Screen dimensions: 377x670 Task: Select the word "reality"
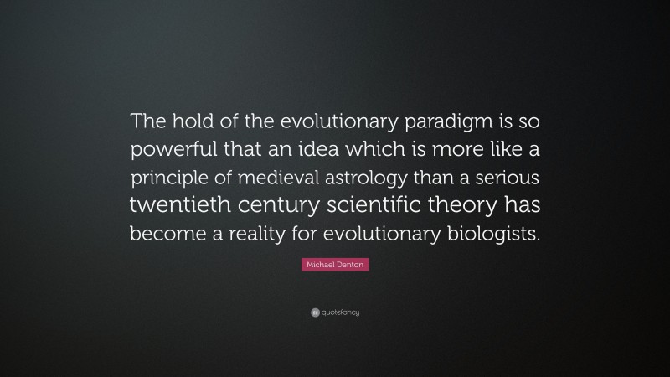pos(283,235)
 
